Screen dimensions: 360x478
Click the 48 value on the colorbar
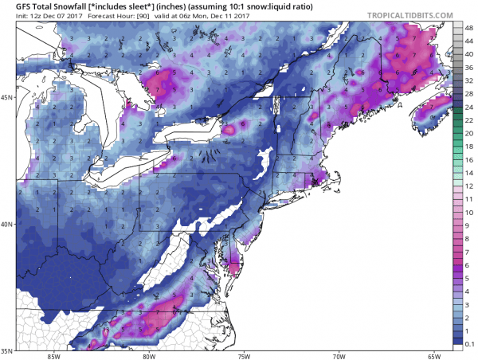(x=470, y=27)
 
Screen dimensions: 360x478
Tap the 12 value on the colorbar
(x=470, y=183)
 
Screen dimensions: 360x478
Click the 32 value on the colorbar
(x=470, y=80)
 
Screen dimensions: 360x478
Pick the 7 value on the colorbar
(x=470, y=251)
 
